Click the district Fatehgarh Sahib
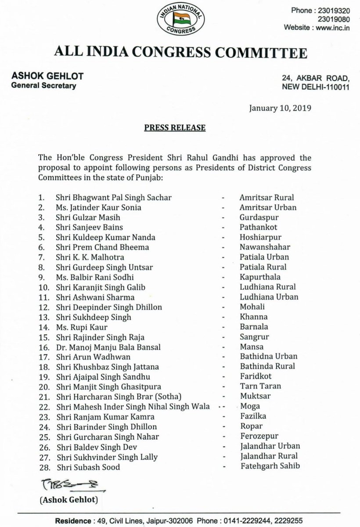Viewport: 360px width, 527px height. pos(267,466)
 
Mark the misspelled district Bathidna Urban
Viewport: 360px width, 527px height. pos(266,356)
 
